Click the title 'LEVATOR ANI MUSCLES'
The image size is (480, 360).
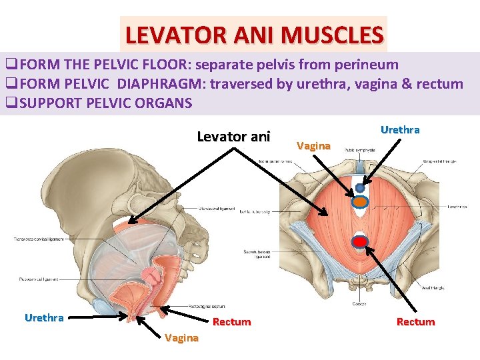click(254, 34)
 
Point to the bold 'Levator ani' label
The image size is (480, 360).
click(233, 137)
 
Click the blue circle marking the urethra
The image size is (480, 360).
click(360, 188)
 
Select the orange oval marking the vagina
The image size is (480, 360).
click(360, 201)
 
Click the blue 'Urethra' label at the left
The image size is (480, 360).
click(44, 317)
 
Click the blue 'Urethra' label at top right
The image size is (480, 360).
click(400, 130)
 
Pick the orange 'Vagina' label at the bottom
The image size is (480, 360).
click(181, 337)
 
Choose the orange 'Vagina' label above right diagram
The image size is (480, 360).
click(313, 145)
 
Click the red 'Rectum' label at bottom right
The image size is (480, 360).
click(415, 322)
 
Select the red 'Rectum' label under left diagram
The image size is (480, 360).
click(231, 322)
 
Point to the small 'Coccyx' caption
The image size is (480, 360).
click(359, 304)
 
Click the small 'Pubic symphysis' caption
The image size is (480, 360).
click(359, 151)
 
